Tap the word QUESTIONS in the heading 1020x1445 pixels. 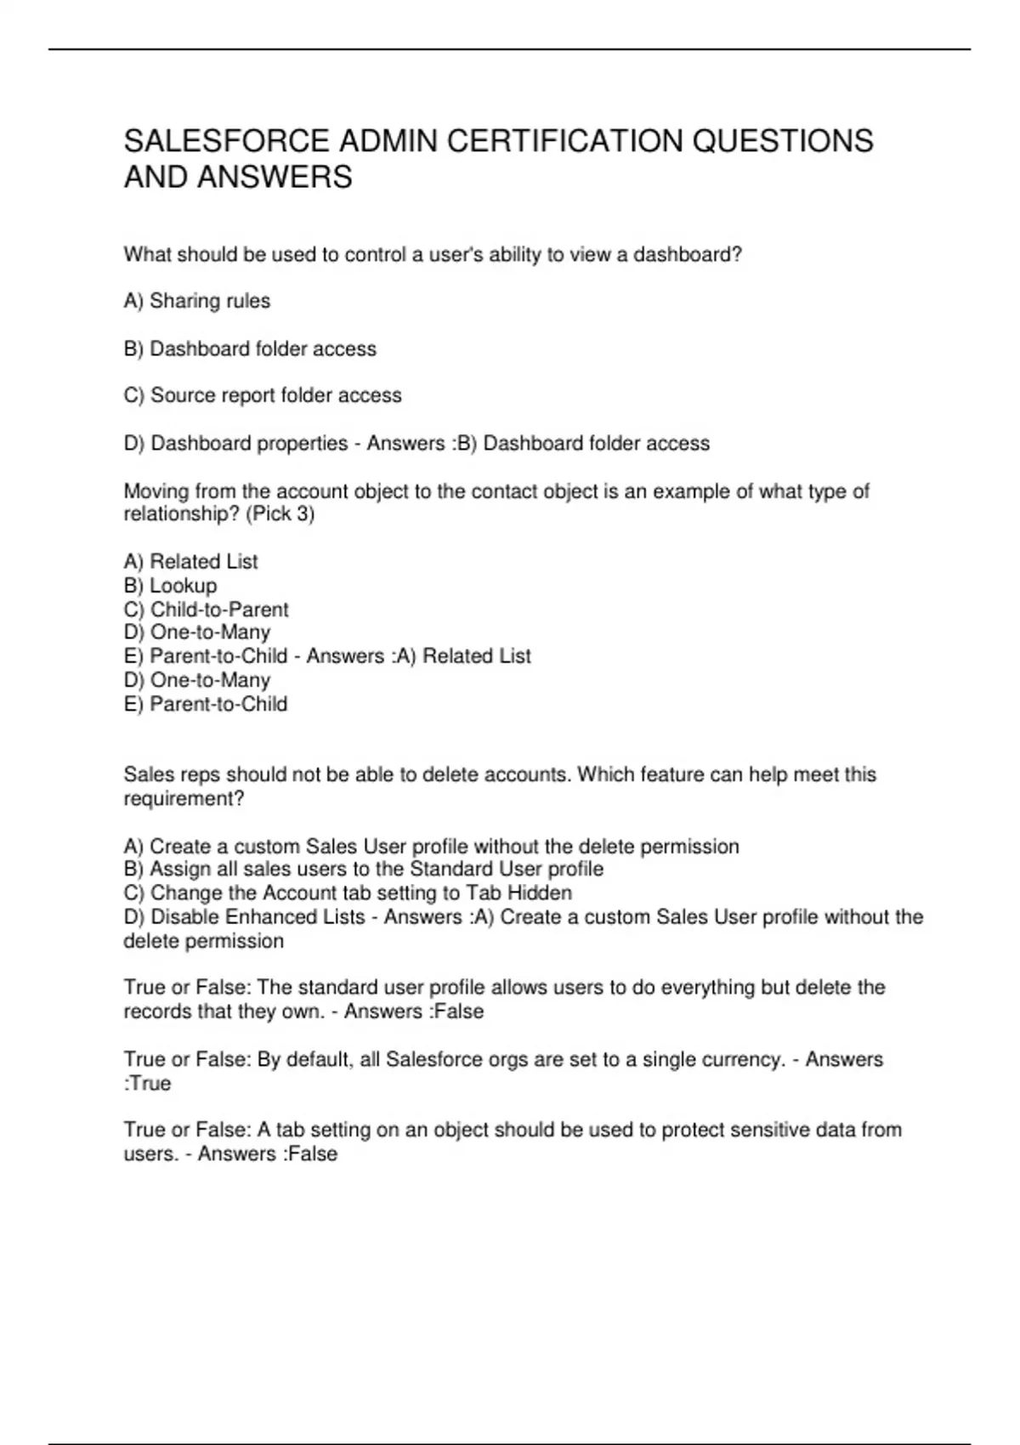click(783, 141)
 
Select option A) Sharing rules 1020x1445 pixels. click(197, 301)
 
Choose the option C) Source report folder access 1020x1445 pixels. click(263, 395)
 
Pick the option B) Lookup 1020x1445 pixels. click(171, 586)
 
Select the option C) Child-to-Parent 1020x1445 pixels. click(207, 609)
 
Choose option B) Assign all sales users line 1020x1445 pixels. click(364, 869)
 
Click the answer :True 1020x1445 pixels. click(148, 1083)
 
